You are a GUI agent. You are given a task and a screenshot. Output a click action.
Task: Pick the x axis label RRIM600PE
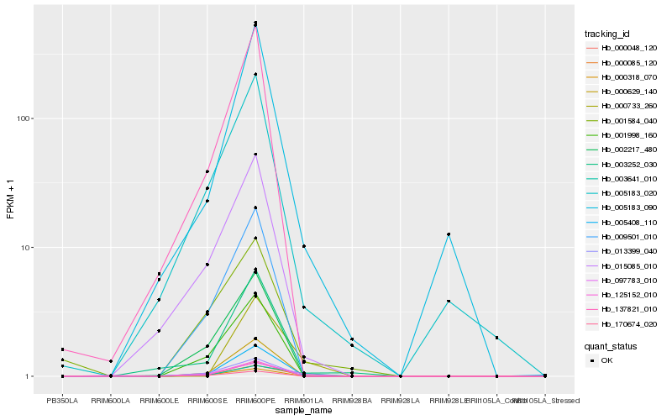pyautogui.click(x=255, y=401)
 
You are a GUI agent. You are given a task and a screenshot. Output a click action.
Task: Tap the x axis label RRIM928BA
pyautogui.click(x=352, y=401)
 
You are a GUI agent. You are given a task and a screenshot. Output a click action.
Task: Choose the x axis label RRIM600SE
pyautogui.click(x=207, y=401)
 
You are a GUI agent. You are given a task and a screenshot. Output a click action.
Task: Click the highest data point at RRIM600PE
pyautogui.click(x=255, y=23)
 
